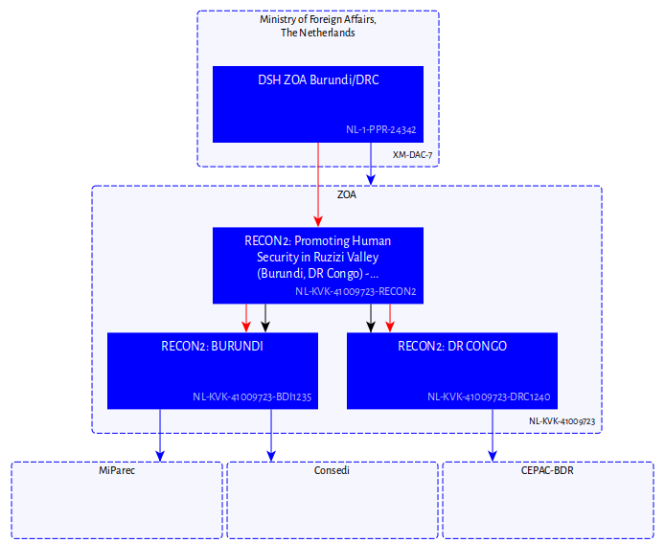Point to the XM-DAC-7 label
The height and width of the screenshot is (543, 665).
(x=413, y=154)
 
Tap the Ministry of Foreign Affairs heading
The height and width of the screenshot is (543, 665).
(x=317, y=26)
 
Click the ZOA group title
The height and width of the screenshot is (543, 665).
(x=346, y=194)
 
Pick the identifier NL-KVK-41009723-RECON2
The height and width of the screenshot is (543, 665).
(x=355, y=291)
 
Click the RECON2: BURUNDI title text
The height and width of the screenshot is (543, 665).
(x=212, y=346)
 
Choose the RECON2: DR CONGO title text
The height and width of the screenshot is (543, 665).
(x=451, y=346)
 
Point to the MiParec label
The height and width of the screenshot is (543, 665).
(x=117, y=471)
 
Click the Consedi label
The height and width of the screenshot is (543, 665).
(x=332, y=471)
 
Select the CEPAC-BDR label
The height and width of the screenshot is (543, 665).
(x=547, y=471)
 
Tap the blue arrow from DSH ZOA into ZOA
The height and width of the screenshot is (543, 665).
(x=371, y=163)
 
